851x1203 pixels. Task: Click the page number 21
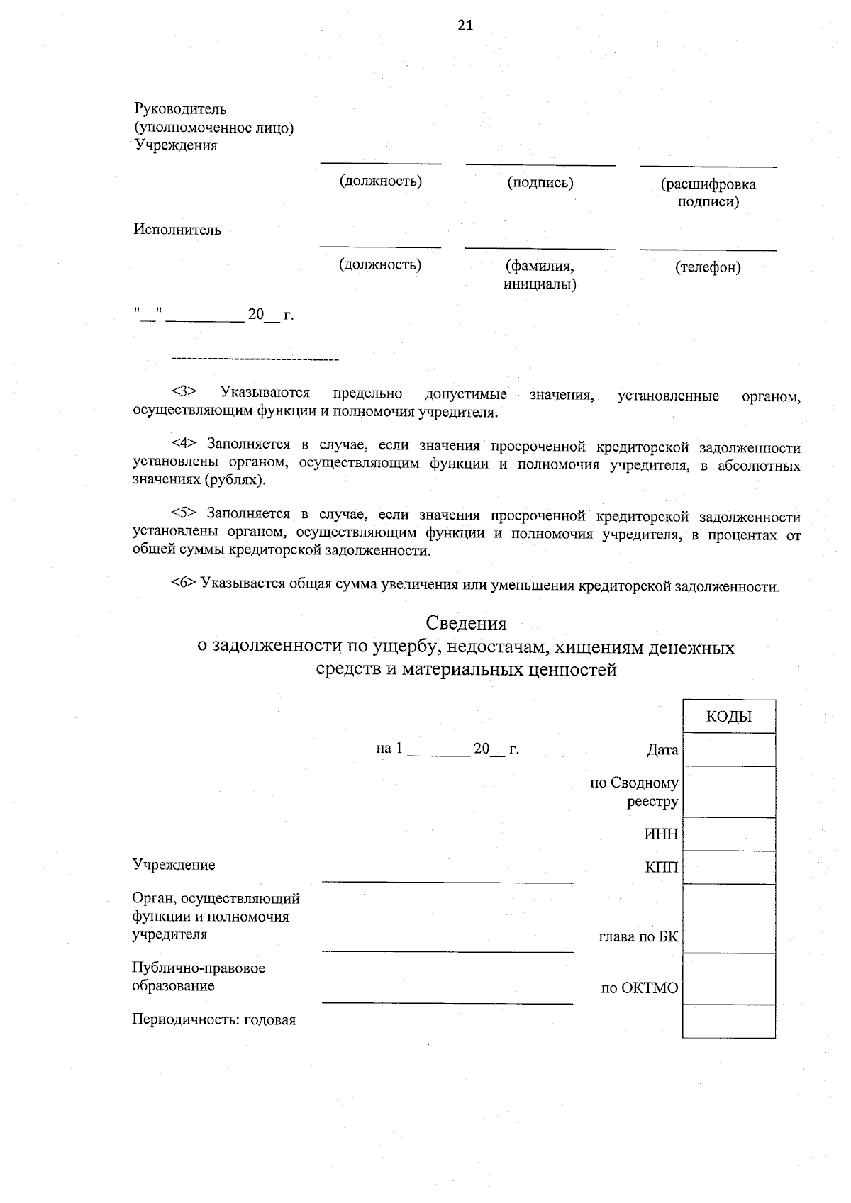click(x=465, y=26)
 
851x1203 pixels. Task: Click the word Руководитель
click(x=180, y=109)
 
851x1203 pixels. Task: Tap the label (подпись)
click(x=540, y=183)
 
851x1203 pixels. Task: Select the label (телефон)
click(x=708, y=267)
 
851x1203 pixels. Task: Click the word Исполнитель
click(x=177, y=230)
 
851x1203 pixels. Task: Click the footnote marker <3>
click(x=184, y=392)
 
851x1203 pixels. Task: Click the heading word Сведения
click(x=466, y=623)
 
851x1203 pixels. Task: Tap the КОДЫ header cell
click(x=729, y=717)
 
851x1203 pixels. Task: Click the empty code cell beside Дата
click(x=729, y=750)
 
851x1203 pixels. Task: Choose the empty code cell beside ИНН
click(x=729, y=834)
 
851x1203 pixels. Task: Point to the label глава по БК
click(x=638, y=937)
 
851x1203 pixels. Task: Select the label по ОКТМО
click(x=640, y=988)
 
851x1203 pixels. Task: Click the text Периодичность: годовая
click(x=213, y=1020)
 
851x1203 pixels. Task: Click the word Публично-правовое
click(x=199, y=968)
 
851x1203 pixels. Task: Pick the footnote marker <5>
click(x=184, y=514)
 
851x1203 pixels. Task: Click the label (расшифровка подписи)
click(x=708, y=193)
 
